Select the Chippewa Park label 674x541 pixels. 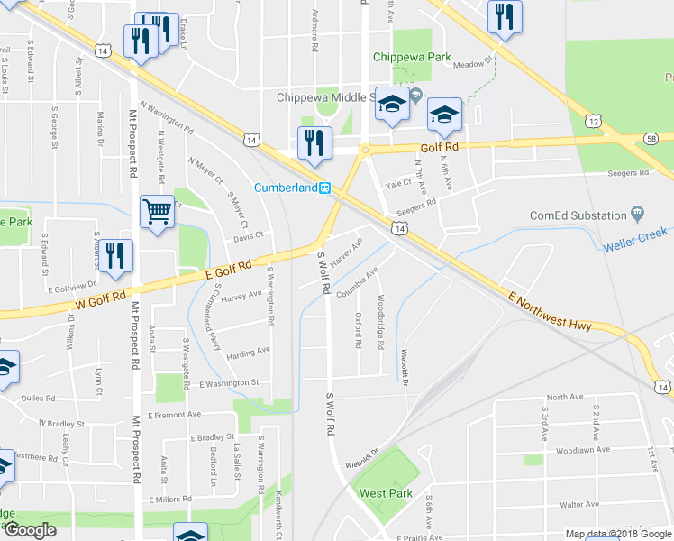pyautogui.click(x=412, y=57)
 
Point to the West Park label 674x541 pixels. pyautogui.click(x=386, y=493)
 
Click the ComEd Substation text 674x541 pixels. pyautogui.click(x=578, y=215)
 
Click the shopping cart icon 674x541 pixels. pyautogui.click(x=157, y=213)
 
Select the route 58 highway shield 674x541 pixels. pyautogui.click(x=651, y=138)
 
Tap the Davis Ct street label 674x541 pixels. pyautogui.click(x=247, y=236)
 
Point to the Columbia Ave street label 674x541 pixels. pyautogui.click(x=358, y=282)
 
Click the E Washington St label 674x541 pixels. pyautogui.click(x=229, y=382)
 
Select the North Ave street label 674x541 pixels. pyautogui.click(x=565, y=397)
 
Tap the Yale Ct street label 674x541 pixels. pyautogui.click(x=398, y=183)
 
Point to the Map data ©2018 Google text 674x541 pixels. pyautogui.click(x=618, y=534)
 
